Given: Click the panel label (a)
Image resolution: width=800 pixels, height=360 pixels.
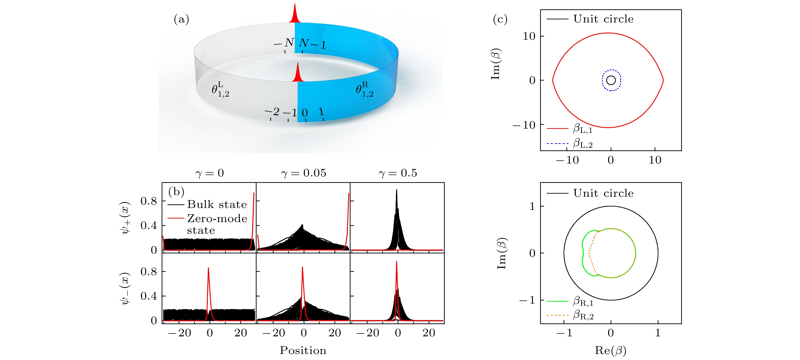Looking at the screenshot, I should (x=181, y=19).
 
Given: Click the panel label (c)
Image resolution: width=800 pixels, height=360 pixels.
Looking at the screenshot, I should (x=500, y=19).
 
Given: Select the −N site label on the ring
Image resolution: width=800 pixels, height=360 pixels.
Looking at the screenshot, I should (x=284, y=43).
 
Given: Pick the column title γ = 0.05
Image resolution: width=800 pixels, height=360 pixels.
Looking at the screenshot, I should (x=303, y=173).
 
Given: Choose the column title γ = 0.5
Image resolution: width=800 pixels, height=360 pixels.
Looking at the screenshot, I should (x=398, y=173).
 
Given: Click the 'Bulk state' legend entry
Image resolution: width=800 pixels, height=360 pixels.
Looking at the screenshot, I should (x=217, y=204).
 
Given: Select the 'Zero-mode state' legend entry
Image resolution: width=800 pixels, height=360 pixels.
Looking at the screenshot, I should (x=217, y=224).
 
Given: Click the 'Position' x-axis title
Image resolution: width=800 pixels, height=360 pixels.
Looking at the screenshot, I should (x=303, y=350).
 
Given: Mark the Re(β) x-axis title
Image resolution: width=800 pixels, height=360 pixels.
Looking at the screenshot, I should (x=610, y=350).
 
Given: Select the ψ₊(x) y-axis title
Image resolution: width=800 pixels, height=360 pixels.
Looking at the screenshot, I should (x=125, y=218).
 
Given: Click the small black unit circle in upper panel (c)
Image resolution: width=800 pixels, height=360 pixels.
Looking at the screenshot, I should (x=611, y=80).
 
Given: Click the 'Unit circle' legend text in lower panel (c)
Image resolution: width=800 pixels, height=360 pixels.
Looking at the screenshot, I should (x=603, y=193).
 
